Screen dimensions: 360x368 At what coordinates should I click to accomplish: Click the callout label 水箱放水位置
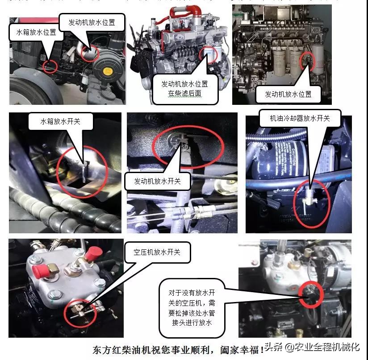click(x=36, y=33)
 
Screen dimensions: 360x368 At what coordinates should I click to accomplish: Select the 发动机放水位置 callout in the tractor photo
click(x=92, y=22)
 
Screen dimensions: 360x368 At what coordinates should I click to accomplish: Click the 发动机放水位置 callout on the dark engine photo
click(x=288, y=94)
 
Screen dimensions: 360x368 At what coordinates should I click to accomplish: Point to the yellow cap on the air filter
click(x=108, y=71)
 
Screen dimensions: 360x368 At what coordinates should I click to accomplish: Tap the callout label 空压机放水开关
click(x=157, y=252)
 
